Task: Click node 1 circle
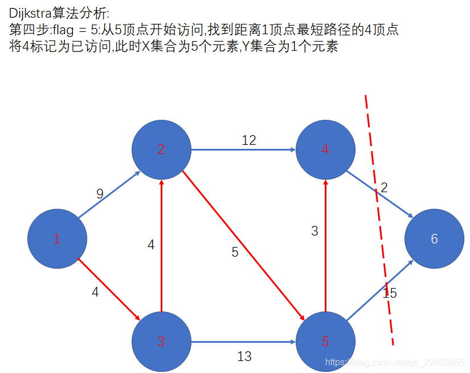pos(57,239)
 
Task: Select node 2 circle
pos(161,149)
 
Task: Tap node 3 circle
pos(161,342)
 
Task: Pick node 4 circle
pos(325,149)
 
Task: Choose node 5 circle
pos(325,342)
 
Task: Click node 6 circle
pos(434,239)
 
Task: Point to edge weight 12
pos(249,140)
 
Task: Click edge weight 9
pos(100,194)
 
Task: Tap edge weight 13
pos(244,356)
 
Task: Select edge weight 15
pos(390,294)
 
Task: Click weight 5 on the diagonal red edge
pos(235,252)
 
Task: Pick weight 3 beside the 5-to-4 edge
pos(314,231)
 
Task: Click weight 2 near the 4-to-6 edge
pos(384,188)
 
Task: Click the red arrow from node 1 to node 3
pos(108,289)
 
